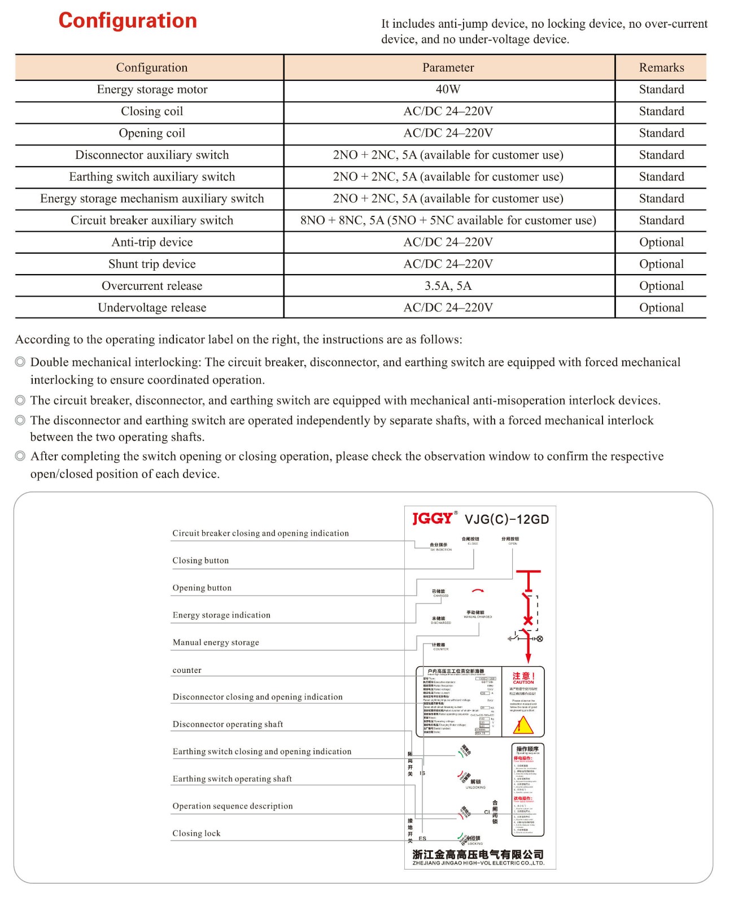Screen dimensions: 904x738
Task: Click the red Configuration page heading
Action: coord(128,21)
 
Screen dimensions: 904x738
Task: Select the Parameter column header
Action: coord(448,68)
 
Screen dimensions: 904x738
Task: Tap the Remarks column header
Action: coord(661,68)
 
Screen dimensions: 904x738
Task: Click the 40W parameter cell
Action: coord(448,89)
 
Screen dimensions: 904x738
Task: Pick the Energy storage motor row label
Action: coord(152,89)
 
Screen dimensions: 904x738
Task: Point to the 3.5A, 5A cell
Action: coord(448,286)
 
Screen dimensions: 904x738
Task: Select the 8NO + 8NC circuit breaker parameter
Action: coord(448,220)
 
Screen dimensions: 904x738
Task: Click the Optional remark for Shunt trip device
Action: coord(661,264)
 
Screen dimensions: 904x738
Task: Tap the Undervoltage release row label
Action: coord(152,308)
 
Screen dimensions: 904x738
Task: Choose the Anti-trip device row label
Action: coord(152,242)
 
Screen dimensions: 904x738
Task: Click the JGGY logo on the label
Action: coord(433,519)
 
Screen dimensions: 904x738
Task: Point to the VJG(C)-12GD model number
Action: coord(506,520)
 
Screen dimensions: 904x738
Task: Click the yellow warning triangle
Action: coord(523,725)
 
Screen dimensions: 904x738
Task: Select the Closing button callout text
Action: coord(200,560)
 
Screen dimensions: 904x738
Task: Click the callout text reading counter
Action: coord(187,670)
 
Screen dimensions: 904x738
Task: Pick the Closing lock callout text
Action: coord(196,833)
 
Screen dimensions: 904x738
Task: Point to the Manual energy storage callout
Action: coord(216,642)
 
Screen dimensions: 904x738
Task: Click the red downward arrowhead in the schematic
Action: coord(529,659)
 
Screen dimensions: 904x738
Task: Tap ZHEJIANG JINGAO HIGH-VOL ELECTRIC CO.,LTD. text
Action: coord(478,863)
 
